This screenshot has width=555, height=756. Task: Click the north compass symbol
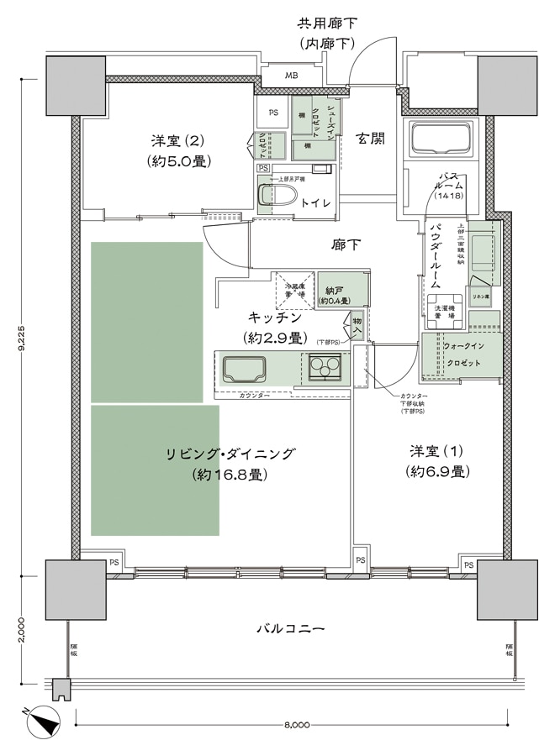click(x=41, y=722)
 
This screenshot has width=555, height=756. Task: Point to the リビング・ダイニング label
click(x=230, y=464)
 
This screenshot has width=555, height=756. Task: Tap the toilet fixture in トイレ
click(x=278, y=196)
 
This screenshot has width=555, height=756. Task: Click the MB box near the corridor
click(x=290, y=76)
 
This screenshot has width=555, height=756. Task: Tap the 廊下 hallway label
click(x=346, y=245)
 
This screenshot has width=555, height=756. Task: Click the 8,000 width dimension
click(x=293, y=724)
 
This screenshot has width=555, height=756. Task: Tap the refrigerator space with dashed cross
click(x=293, y=291)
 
